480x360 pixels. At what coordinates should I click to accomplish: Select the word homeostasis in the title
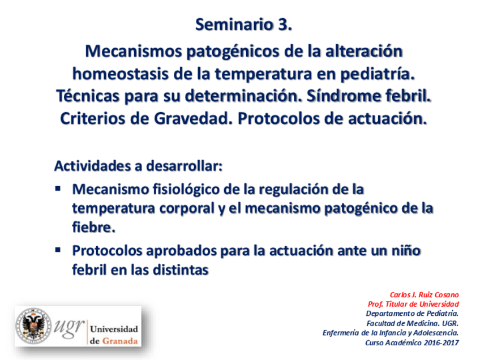120,74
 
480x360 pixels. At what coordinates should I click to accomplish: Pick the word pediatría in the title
378,74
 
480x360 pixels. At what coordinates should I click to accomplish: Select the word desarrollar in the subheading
184,166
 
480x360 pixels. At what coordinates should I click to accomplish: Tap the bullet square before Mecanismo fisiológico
58,188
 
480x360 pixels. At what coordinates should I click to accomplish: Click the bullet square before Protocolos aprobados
58,250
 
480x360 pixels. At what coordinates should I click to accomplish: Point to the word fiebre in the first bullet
93,227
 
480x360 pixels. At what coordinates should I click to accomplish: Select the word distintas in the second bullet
181,269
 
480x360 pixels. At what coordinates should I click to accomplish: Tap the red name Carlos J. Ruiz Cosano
425,295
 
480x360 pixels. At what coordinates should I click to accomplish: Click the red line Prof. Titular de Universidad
413,304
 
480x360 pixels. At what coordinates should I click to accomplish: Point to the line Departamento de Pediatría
412,314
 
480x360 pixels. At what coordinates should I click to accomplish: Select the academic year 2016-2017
441,342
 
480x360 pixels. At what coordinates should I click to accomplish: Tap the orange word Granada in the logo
119,341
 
